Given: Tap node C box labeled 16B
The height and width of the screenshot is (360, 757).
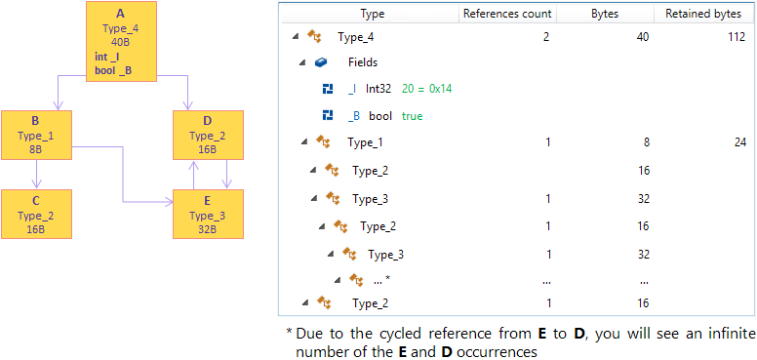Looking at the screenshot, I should coord(35,215).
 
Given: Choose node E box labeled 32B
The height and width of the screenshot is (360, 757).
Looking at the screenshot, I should coord(208,215).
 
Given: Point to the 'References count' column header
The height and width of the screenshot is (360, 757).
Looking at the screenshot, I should coord(507,15).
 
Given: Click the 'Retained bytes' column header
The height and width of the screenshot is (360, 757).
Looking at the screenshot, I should coord(702,15).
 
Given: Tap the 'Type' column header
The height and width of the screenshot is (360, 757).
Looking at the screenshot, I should coord(372,15).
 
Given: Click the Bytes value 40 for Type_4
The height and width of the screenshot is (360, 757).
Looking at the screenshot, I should coord(642,38).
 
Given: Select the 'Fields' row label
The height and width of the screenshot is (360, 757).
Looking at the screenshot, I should coord(363,62).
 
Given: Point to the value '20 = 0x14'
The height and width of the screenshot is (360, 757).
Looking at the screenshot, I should coord(426,89).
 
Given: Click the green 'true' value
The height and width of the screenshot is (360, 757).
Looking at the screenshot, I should coord(413,116).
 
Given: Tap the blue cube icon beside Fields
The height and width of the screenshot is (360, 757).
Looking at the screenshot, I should coord(322,62).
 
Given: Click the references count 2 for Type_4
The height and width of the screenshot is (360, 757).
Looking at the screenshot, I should coord(547,38).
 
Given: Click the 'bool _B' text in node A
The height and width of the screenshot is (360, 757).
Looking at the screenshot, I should coord(113,69).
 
